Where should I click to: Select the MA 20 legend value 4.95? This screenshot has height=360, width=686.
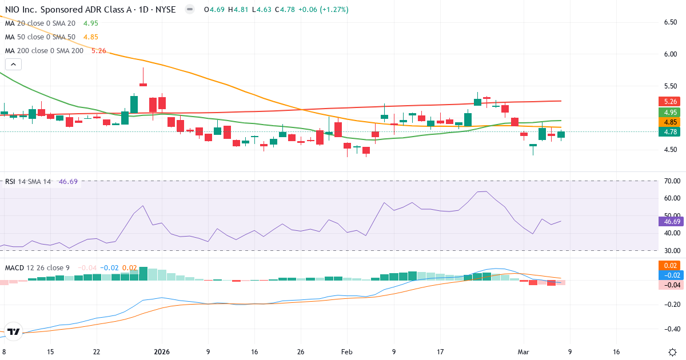(x=91, y=23)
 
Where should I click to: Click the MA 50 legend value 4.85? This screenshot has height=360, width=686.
(x=91, y=37)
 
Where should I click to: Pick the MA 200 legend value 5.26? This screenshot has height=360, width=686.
(x=98, y=51)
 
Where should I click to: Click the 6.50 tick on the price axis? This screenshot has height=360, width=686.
(x=671, y=22)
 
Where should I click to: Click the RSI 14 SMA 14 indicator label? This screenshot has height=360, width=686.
(x=28, y=182)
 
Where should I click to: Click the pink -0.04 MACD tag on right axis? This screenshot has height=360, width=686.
(x=671, y=285)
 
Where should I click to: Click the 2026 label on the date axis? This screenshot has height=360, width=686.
(x=162, y=352)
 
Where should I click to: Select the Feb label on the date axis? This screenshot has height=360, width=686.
(x=346, y=352)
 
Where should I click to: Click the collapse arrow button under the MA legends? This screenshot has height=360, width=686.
(x=13, y=64)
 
